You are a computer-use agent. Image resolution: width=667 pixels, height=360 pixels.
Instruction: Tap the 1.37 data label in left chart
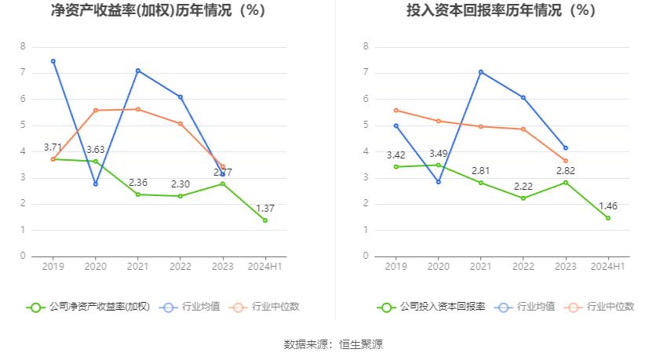(264, 208)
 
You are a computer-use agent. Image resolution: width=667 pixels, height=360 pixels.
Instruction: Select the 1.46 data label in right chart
(607, 205)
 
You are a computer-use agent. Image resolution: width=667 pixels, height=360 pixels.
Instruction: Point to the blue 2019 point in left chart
(53, 61)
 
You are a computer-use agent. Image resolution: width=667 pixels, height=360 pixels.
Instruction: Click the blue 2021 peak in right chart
(480, 72)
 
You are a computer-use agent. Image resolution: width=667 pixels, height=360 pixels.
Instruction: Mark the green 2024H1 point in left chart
(264, 220)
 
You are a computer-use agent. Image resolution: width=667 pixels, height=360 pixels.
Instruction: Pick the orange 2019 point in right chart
(395, 110)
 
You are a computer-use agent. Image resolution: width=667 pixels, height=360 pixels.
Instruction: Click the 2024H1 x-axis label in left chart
(264, 267)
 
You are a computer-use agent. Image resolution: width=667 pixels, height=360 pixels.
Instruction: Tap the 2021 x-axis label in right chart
(480, 267)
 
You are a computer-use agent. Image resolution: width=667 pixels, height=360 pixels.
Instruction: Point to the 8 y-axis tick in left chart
(23, 47)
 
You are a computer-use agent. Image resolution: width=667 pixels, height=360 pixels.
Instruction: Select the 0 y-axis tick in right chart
(366, 256)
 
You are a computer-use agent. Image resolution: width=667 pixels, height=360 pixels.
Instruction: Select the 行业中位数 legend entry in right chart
(611, 307)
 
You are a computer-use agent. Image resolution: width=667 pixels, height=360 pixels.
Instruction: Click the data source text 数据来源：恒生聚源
(333, 344)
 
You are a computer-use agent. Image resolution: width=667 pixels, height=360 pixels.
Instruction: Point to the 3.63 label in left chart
(95, 149)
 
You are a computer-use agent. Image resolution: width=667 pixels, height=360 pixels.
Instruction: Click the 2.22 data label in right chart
(523, 186)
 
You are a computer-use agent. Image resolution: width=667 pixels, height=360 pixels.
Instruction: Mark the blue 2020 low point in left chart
(95, 184)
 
